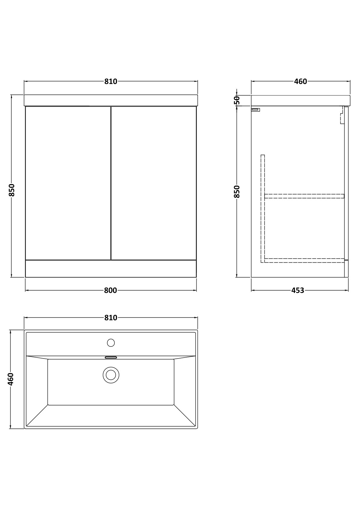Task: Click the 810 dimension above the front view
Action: click(111, 81)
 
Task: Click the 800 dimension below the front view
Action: click(110, 290)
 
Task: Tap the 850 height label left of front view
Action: click(11, 190)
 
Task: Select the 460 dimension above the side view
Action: click(300, 81)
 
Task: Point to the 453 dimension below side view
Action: click(298, 290)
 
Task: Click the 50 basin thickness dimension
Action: click(237, 100)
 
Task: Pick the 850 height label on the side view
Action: click(237, 192)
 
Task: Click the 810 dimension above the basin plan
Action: click(111, 318)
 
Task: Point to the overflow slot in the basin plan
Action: click(111, 358)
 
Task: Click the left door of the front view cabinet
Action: click(68, 183)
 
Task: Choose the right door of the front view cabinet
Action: click(154, 183)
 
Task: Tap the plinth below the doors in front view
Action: click(111, 269)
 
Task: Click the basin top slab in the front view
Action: click(111, 100)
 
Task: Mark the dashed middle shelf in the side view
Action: click(304, 196)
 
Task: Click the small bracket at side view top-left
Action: click(255, 110)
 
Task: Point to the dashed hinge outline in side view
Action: click(342, 115)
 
